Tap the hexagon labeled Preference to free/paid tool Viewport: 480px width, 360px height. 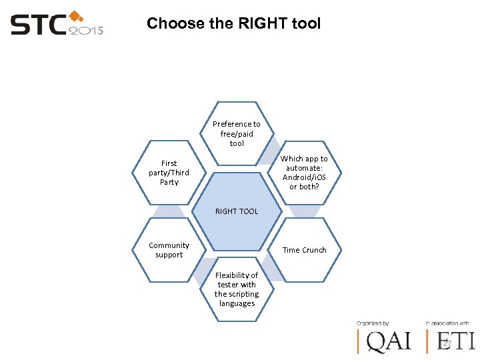coord(237,133)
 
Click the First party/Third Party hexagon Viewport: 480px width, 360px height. coord(169,173)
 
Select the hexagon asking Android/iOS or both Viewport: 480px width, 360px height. coord(304,173)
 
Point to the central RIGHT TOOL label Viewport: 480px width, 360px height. coord(237,211)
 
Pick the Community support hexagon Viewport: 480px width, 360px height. coord(169,250)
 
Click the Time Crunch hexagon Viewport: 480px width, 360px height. coord(304,250)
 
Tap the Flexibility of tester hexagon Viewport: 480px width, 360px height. coord(237,289)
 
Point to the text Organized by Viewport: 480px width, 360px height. coord(373,323)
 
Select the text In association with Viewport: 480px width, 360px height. coord(447,323)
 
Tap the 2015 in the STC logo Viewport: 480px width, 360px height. coord(87,29)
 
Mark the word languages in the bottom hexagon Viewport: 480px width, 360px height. coord(237,304)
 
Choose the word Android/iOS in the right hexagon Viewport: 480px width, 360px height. coord(304,177)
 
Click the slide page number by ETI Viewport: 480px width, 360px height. coord(447,344)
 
